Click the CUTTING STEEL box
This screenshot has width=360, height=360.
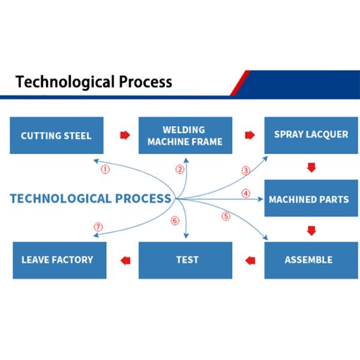click(56, 135)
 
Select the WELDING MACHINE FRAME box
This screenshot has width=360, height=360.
click(184, 136)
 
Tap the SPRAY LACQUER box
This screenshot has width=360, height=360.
click(311, 134)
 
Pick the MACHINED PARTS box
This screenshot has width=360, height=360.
click(311, 199)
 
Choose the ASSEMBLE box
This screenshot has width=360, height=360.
click(308, 260)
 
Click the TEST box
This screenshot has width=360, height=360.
click(187, 260)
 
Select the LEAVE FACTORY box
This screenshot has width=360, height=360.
click(58, 260)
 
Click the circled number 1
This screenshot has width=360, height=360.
click(105, 170)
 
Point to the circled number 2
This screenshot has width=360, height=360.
click(179, 170)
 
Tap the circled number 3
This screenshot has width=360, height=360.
click(245, 170)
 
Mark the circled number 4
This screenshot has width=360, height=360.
click(245, 193)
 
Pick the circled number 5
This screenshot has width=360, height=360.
click(226, 216)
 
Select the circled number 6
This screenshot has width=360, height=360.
click(175, 220)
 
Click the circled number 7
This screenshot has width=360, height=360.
click(98, 227)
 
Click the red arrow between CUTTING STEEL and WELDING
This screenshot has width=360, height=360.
click(125, 135)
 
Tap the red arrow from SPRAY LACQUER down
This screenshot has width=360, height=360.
click(311, 167)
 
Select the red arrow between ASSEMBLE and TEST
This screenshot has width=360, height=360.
click(250, 260)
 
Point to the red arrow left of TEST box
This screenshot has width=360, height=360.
click(125, 260)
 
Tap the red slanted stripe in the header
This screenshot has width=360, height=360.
click(240, 83)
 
